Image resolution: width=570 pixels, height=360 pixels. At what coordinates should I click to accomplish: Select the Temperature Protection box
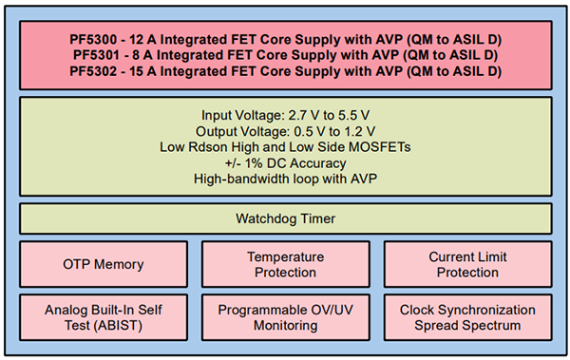pyautogui.click(x=285, y=264)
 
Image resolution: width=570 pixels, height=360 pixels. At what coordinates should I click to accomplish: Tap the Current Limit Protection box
pyautogui.click(x=467, y=264)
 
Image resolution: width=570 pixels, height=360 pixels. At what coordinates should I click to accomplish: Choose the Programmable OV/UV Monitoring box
pyautogui.click(x=285, y=317)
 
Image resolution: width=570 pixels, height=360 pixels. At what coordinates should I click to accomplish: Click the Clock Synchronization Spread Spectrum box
pyautogui.click(x=467, y=317)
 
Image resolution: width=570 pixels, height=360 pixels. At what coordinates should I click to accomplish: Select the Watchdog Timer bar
pyautogui.click(x=285, y=219)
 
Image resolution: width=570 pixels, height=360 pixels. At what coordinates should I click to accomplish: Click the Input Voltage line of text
pyautogui.click(x=285, y=115)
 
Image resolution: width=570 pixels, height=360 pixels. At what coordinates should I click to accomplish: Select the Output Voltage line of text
pyautogui.click(x=285, y=131)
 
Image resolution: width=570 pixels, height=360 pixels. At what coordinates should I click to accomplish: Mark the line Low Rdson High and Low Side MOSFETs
pyautogui.click(x=285, y=146)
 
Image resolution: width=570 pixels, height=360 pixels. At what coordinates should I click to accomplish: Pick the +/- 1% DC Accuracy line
pyautogui.click(x=285, y=162)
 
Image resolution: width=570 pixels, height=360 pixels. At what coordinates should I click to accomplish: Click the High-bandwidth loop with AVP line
pyautogui.click(x=285, y=178)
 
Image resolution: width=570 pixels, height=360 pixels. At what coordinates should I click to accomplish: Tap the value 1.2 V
pyautogui.click(x=355, y=131)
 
